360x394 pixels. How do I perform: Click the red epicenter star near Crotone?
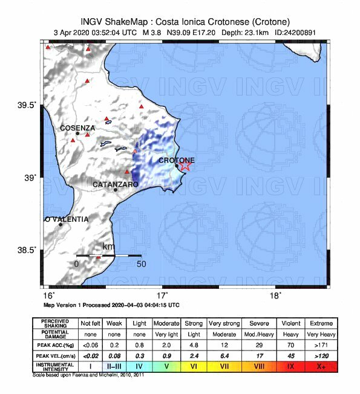coord(185,164)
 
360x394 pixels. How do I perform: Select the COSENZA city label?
coord(77,128)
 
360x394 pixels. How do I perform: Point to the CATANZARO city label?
coord(116,184)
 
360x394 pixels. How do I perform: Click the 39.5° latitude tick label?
coord(26,105)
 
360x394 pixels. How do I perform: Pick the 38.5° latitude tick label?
coord(26,250)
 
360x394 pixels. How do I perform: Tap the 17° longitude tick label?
coord(162,295)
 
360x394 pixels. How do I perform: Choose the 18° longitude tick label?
coord(275,295)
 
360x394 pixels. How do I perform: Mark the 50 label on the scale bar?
coord(141,264)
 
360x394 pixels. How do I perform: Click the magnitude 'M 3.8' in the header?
coord(155,32)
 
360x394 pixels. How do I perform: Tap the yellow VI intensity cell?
coord(194,366)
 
